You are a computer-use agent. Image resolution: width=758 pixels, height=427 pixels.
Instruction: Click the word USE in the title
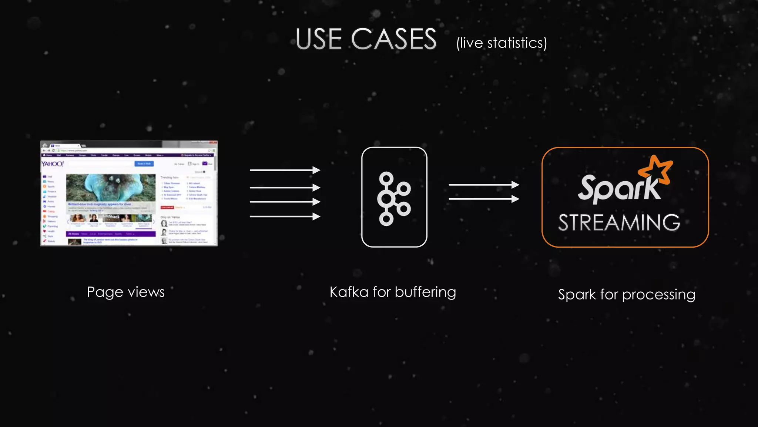tap(319, 39)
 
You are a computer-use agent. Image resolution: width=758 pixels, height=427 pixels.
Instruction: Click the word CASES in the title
tap(394, 39)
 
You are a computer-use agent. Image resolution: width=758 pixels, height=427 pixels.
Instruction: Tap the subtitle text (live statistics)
tap(502, 43)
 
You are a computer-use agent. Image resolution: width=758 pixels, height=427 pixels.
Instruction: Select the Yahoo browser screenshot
tap(129, 193)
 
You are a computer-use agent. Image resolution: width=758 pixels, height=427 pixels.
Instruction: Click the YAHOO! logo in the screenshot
tap(52, 164)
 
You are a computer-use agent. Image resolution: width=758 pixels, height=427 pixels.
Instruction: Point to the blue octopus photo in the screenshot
tap(111, 188)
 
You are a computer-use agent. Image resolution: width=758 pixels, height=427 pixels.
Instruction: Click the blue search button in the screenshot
tap(144, 163)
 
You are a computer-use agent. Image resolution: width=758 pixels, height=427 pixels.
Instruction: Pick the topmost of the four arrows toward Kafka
tap(285, 170)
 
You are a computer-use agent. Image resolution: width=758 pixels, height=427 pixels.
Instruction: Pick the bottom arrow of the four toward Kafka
tap(285, 216)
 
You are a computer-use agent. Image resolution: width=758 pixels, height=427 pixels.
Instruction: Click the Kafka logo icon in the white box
tap(394, 198)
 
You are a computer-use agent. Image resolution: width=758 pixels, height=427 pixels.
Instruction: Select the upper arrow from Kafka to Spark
tap(483, 185)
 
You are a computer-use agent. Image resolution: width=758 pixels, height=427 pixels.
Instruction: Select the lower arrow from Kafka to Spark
tap(483, 199)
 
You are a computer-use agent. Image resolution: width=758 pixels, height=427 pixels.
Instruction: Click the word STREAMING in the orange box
tap(619, 223)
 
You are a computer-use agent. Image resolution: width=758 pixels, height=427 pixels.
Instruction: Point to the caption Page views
tap(125, 292)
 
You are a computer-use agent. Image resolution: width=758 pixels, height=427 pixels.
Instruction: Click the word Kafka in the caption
tap(349, 292)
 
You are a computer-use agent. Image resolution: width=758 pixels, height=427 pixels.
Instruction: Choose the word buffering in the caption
tap(425, 292)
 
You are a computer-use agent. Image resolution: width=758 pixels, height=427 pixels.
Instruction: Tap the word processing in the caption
tap(658, 295)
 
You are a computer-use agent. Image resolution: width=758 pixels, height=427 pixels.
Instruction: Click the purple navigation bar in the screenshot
tap(111, 234)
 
